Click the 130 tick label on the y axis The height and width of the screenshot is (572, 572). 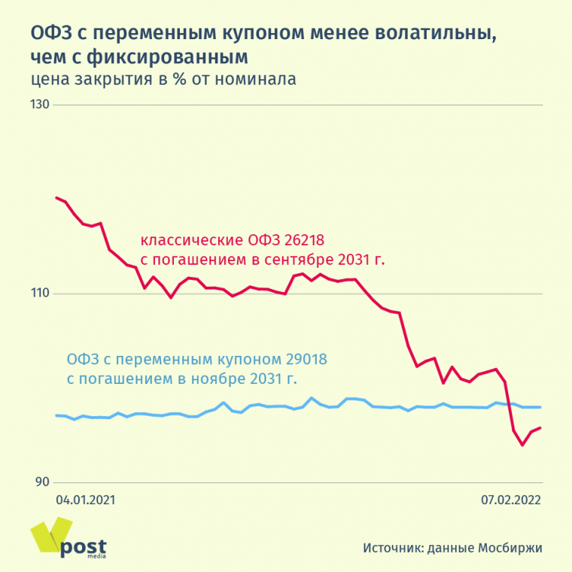click(40, 105)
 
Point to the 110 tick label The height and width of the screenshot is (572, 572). click(40, 294)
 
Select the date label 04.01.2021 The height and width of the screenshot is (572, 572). click(86, 499)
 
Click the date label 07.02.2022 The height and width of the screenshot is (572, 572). click(511, 499)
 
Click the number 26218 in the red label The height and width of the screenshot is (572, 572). click(303, 241)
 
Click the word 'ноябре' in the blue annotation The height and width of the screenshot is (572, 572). click(224, 379)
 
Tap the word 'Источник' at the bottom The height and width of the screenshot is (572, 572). click(391, 547)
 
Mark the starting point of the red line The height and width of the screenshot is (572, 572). click(56, 198)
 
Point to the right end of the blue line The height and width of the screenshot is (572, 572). click(541, 407)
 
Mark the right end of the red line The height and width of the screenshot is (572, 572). click(541, 427)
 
